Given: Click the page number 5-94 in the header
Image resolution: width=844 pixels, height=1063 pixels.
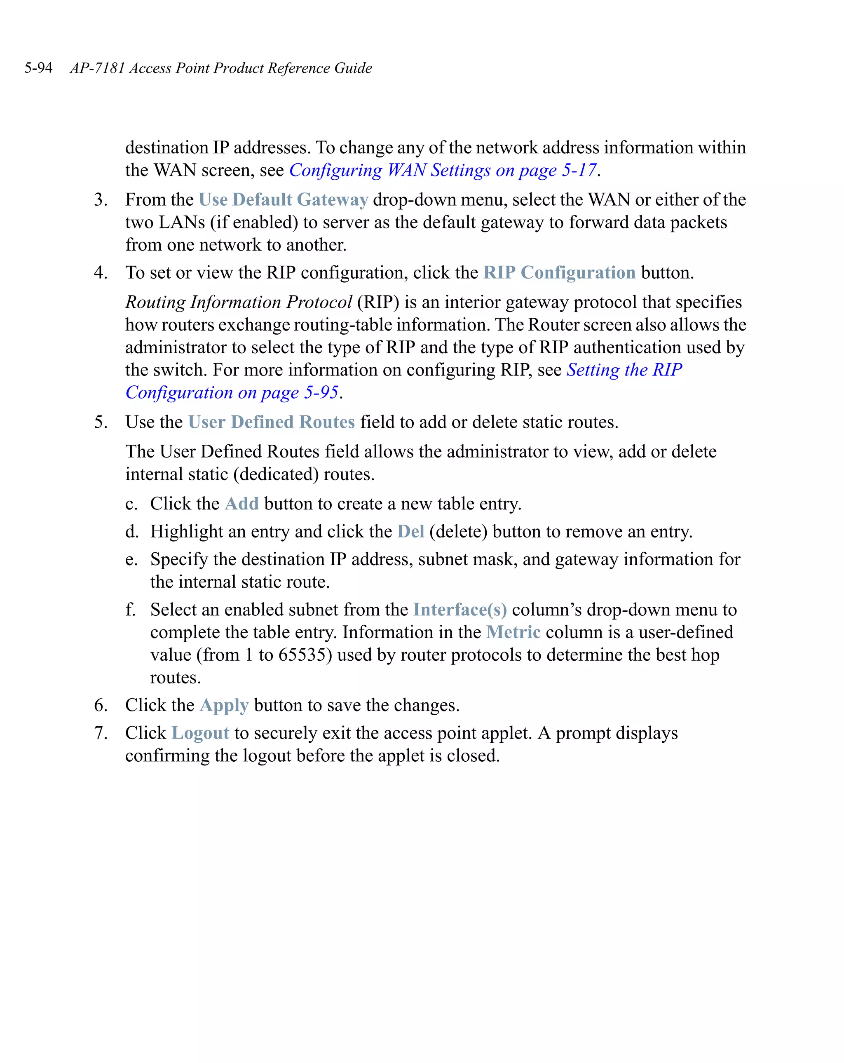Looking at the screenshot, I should point(38,68).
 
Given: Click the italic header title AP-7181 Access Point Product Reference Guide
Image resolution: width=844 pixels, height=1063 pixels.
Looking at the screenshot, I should point(221,68).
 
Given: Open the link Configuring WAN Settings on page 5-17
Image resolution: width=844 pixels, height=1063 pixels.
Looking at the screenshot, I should point(442,170).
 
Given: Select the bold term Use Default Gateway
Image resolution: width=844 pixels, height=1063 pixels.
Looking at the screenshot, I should point(283,199).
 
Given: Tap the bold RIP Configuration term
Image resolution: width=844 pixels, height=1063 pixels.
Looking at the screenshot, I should point(559,272).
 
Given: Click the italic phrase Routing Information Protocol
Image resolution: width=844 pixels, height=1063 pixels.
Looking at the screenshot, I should point(239,302).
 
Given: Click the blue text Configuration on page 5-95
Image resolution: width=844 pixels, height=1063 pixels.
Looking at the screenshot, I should point(232,392).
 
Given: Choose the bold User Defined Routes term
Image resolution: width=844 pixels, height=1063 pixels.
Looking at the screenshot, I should point(271,422).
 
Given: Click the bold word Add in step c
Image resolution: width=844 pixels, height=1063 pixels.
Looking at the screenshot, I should point(241,504).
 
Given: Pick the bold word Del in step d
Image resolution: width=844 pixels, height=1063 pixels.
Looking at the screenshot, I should point(410,532).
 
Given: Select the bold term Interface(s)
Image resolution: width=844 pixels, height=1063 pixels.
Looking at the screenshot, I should point(460,610).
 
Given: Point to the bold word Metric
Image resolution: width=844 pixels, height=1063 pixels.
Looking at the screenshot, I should point(513,633).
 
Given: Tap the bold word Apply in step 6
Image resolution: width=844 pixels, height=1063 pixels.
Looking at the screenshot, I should point(224,706).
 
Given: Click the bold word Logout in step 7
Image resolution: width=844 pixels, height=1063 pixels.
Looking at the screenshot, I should point(200,733).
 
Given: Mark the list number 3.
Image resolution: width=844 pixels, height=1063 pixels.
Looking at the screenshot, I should point(100,199).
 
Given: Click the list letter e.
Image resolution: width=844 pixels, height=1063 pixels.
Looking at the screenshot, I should point(131,560).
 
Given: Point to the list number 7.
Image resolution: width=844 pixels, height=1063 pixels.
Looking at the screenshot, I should point(100,733).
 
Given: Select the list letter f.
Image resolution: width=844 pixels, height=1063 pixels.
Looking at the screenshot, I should point(130,610).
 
